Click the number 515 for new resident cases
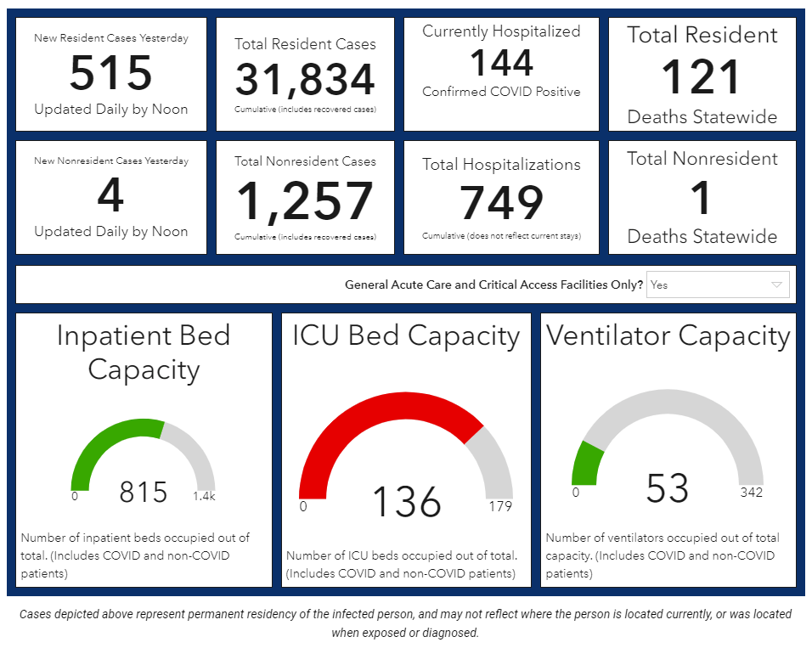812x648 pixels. click(x=111, y=73)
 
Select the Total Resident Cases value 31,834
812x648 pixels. click(x=305, y=80)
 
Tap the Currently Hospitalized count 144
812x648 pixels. click(x=501, y=63)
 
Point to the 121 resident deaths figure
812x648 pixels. click(x=702, y=77)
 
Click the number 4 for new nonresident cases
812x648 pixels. click(x=111, y=195)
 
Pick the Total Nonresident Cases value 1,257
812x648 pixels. click(x=305, y=201)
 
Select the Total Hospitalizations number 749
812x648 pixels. click(x=501, y=203)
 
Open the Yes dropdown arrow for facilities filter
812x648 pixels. click(x=776, y=285)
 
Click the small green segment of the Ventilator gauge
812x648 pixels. click(x=586, y=464)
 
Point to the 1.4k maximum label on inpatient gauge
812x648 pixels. click(x=204, y=496)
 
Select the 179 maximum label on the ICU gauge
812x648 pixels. click(x=499, y=506)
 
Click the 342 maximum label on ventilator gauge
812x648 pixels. click(x=751, y=493)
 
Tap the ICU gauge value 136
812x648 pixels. click(x=407, y=502)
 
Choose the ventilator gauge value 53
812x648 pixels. click(x=667, y=488)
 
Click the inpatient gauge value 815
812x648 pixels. click(x=143, y=492)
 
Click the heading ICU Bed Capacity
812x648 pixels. click(x=406, y=336)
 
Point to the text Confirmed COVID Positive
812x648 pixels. click(x=501, y=92)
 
